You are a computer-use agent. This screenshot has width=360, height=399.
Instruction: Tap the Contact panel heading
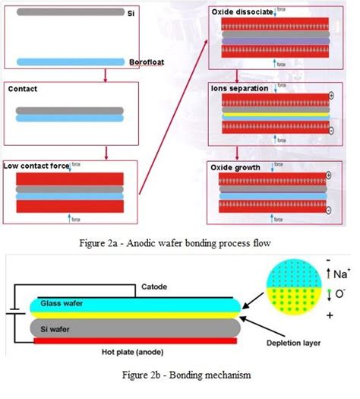point(23,89)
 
